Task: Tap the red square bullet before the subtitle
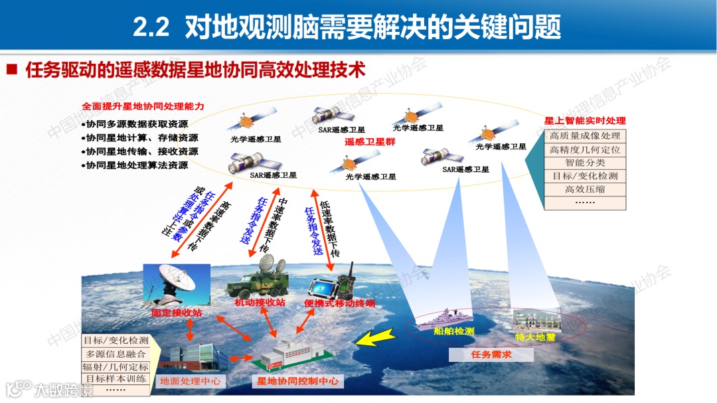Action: point(11,70)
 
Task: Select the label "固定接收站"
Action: point(176,311)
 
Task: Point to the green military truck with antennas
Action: point(256,282)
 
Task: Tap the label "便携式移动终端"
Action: point(340,303)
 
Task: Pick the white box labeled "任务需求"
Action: point(491,355)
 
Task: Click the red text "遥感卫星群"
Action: point(370,141)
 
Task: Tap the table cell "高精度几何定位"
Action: point(584,150)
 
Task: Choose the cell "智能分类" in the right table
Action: point(585,163)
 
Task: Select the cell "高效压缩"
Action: point(585,190)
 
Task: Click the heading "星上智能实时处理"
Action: point(585,121)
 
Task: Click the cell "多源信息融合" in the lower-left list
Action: point(115,354)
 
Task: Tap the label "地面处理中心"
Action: point(190,381)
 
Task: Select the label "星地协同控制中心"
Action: point(297,381)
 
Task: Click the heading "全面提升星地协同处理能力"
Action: point(143,106)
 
